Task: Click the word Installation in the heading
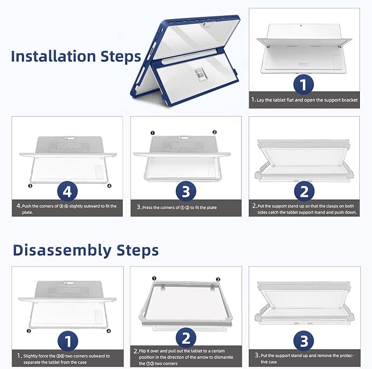(53, 56)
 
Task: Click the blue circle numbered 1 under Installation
(304, 84)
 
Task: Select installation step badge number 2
(304, 191)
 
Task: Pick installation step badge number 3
(186, 191)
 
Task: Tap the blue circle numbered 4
(67, 191)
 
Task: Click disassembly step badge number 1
(68, 341)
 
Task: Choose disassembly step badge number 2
(186, 338)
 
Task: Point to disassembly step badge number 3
(304, 341)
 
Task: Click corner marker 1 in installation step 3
(152, 133)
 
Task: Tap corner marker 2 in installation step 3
(214, 132)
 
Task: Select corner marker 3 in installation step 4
(30, 186)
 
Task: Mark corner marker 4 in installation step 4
(110, 186)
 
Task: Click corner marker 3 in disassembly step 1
(28, 331)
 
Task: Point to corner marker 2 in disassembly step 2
(218, 280)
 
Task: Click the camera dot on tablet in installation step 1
(301, 25)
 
